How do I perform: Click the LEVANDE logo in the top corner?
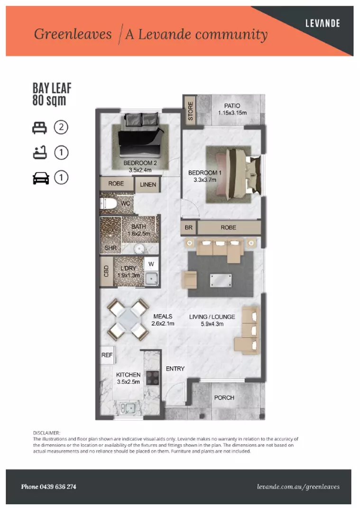(x=323, y=23)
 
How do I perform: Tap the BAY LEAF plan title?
(x=52, y=88)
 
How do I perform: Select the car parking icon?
(x=41, y=178)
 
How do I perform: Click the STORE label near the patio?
(x=191, y=111)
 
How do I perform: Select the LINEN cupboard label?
(x=148, y=184)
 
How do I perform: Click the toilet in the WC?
(x=109, y=204)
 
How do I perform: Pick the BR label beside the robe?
(x=188, y=228)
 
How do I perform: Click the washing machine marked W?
(x=151, y=264)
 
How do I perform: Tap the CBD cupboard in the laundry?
(x=106, y=271)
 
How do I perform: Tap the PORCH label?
(x=224, y=397)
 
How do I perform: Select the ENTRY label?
(x=175, y=369)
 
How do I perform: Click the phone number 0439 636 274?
(x=48, y=487)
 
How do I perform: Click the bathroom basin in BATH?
(x=139, y=248)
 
